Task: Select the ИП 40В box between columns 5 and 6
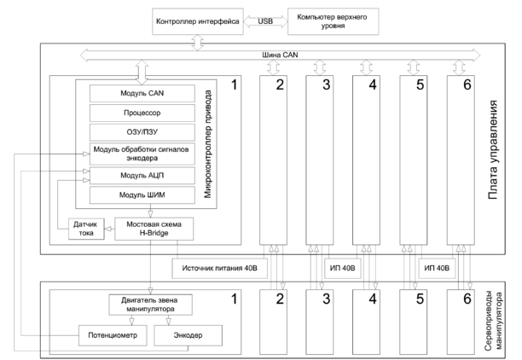pos(437,267)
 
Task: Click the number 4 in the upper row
pos(372,85)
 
